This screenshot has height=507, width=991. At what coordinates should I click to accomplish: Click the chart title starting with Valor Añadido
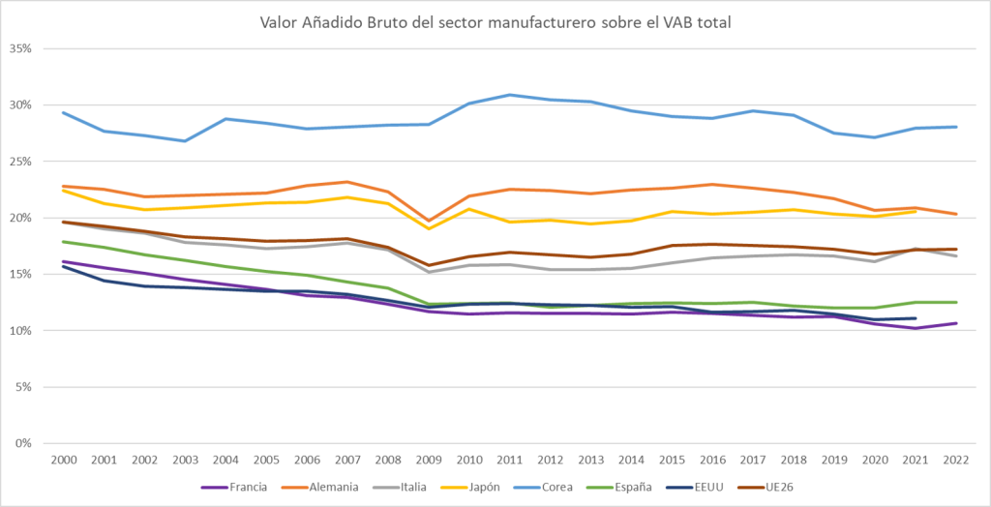click(495, 21)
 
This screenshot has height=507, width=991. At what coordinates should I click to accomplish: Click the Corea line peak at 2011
click(511, 95)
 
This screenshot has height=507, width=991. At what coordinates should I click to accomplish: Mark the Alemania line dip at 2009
click(430, 221)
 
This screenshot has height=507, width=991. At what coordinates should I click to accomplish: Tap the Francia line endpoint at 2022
click(956, 323)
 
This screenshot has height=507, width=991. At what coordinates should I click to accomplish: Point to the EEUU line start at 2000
click(63, 266)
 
